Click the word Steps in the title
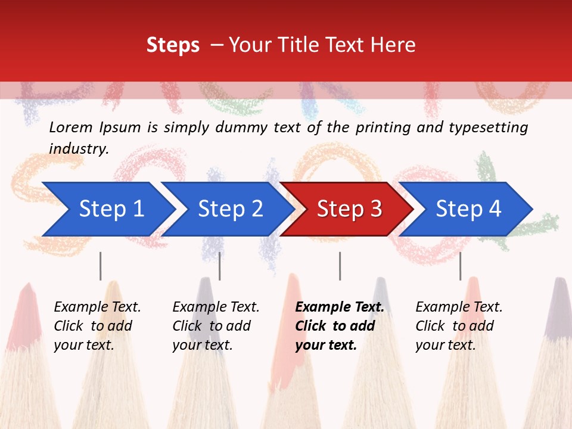[173, 45]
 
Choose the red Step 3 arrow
[349, 209]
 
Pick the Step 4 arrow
[468, 209]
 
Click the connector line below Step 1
[101, 266]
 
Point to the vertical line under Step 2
[220, 266]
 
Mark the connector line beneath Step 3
[340, 266]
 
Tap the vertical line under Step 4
[460, 266]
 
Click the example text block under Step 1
[97, 326]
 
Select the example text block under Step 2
[216, 326]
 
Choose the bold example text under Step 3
[340, 326]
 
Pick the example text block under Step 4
[459, 326]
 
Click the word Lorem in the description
[71, 128]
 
